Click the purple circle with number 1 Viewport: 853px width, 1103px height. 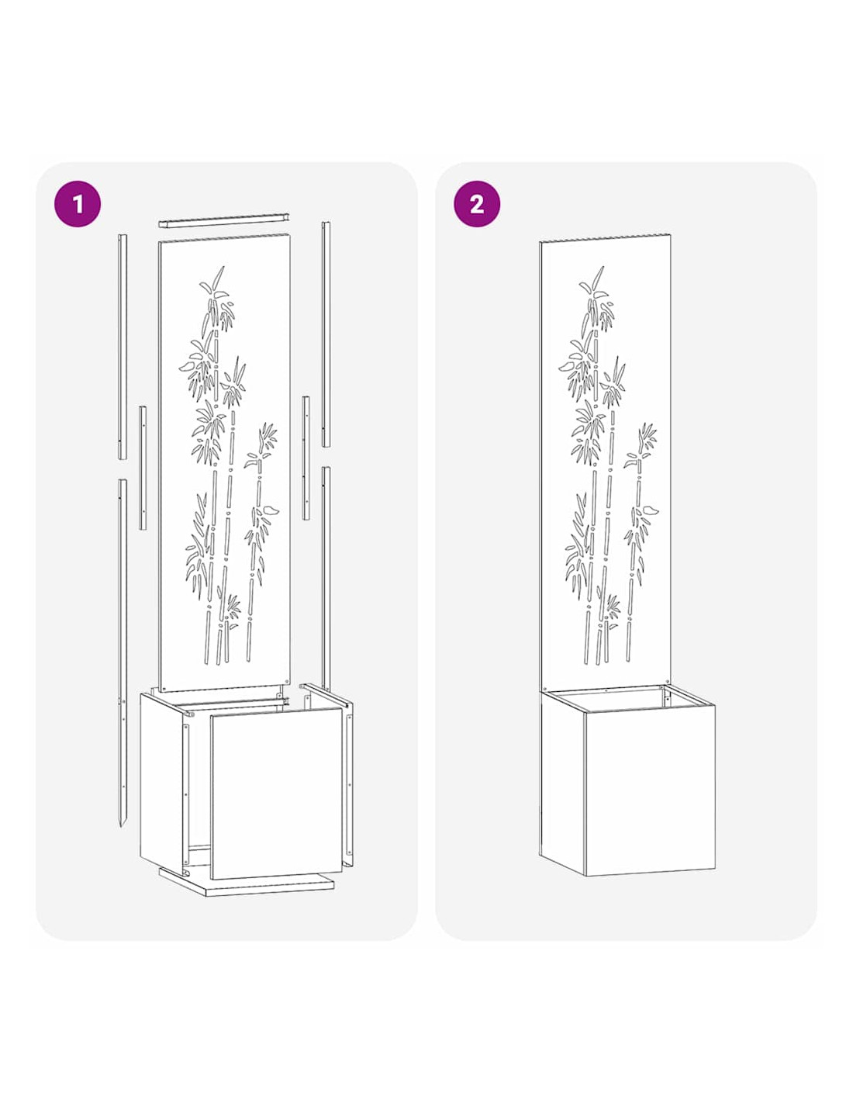click(77, 203)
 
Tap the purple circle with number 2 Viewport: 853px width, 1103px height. click(476, 203)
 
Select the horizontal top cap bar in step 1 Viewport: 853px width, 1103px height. click(223, 220)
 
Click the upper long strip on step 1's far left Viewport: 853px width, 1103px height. click(123, 347)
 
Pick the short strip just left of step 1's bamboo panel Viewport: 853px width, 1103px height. click(143, 468)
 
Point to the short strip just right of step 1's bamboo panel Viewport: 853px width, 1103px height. click(306, 458)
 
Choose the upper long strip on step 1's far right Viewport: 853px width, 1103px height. click(326, 334)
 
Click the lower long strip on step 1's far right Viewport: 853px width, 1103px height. click(326, 579)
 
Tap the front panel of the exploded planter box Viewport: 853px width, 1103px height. click(277, 794)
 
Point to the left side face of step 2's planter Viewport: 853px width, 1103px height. click(562, 782)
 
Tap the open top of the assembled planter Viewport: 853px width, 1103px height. click(627, 698)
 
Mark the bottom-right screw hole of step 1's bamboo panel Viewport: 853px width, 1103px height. click(288, 682)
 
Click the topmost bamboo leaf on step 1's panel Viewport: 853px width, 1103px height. click(218, 277)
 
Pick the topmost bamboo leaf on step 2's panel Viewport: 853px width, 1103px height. click(598, 277)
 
